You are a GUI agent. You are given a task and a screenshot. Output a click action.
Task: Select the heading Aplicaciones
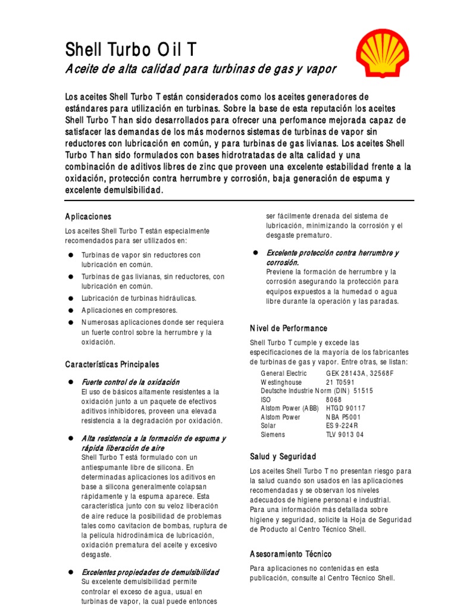pos(88,216)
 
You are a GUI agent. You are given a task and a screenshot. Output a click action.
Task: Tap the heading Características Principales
pos(112,363)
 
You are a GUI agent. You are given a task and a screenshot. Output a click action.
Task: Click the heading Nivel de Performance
pos(289,328)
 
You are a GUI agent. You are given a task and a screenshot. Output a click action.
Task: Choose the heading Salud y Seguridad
pos(283,456)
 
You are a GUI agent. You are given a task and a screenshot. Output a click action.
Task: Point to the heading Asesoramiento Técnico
pos(291,554)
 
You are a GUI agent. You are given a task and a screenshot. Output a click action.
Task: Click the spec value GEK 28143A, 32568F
pos(359,373)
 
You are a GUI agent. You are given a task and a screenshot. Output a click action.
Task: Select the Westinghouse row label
pos(281,382)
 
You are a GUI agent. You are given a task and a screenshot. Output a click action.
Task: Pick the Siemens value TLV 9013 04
pos(345,435)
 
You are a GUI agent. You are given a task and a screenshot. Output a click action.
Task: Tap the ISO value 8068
pos(334,400)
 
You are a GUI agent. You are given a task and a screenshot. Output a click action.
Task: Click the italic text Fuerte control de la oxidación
pos(130,382)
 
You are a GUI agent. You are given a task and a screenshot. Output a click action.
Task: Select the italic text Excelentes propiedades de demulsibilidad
pos(150,572)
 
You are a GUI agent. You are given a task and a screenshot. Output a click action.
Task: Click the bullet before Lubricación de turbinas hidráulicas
pos(70,298)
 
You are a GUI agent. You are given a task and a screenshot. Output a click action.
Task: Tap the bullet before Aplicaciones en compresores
pos(70,310)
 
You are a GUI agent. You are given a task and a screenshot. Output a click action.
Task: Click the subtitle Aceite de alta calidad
pos(201,69)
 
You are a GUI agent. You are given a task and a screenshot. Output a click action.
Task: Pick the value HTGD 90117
pos(346,409)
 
